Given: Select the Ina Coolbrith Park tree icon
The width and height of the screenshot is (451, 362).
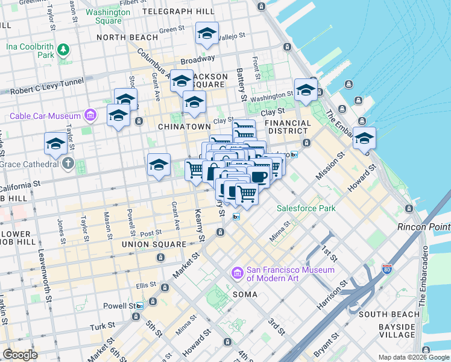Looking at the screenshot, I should click(62, 48).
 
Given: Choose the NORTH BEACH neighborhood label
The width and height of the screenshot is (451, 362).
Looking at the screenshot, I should click(128, 37).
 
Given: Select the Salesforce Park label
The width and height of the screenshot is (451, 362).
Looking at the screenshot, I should click(306, 209).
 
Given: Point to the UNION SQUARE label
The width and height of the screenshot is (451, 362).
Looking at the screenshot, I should click(154, 244).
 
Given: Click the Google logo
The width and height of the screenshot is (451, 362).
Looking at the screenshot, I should click(20, 355).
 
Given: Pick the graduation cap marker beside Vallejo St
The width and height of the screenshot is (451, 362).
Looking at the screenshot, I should click(207, 34).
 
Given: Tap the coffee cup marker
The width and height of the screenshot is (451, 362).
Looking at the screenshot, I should click(258, 177).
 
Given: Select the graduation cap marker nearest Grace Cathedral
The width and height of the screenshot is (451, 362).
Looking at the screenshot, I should click(55, 144).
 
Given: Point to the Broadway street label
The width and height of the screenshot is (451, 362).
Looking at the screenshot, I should click(197, 60).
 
